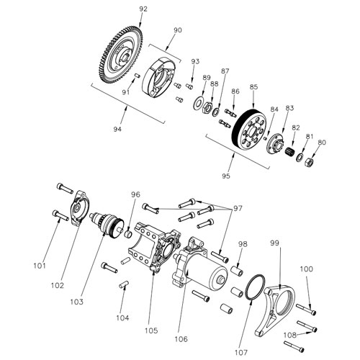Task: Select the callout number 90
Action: coord(179,30)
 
